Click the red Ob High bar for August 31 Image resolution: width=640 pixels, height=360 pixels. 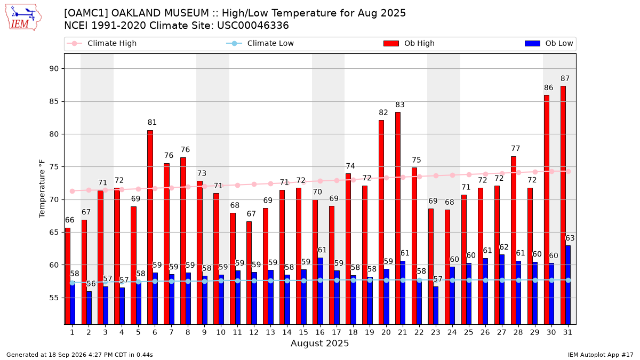(x=563, y=205)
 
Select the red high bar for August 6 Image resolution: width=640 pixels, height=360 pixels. (x=150, y=227)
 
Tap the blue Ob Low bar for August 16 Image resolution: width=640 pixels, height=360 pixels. (x=321, y=291)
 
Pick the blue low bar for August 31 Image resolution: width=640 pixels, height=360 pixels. (x=568, y=285)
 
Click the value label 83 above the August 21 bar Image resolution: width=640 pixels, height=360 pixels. (x=400, y=105)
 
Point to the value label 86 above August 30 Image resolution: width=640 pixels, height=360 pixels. (x=549, y=87)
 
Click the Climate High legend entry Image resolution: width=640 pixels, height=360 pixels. (x=102, y=43)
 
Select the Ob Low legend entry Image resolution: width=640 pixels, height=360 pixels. (x=549, y=43)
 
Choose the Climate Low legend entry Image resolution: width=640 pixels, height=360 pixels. (x=260, y=43)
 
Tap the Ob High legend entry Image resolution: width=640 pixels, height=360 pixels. (x=409, y=43)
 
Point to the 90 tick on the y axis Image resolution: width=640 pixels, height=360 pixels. (x=54, y=69)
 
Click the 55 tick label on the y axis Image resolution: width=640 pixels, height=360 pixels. (x=54, y=298)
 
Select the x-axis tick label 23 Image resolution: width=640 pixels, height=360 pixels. (x=435, y=333)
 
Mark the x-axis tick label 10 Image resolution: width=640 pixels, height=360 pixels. (x=221, y=333)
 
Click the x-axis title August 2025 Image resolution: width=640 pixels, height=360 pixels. (x=319, y=343)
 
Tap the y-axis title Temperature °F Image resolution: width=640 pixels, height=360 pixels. (x=42, y=189)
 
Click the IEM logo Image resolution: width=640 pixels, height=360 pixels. (x=23, y=18)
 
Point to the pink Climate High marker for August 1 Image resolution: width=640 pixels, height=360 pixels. (x=73, y=191)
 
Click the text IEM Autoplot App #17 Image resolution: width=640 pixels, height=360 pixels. (x=601, y=355)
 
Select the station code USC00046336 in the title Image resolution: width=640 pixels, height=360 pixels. (x=253, y=26)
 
